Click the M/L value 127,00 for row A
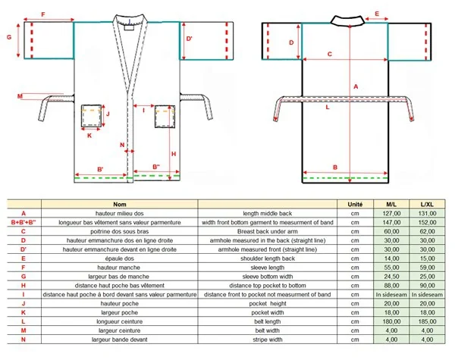[391, 214]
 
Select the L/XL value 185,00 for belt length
[427, 321]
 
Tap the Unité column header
[355, 204]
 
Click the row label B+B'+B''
[24, 223]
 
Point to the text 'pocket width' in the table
[267, 312]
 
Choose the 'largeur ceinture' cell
[119, 330]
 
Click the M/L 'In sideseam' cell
[391, 294]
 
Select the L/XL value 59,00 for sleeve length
[427, 268]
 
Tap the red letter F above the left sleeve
[43, 14]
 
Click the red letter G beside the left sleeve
[9, 37]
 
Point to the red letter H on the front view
[174, 154]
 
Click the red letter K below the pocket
[89, 136]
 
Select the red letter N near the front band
[122, 145]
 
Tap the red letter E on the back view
[377, 14]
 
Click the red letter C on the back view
[330, 54]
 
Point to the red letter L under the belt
[328, 107]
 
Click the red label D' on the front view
[189, 39]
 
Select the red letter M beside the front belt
[20, 96]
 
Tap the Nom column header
[120, 204]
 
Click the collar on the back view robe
[348, 21]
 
